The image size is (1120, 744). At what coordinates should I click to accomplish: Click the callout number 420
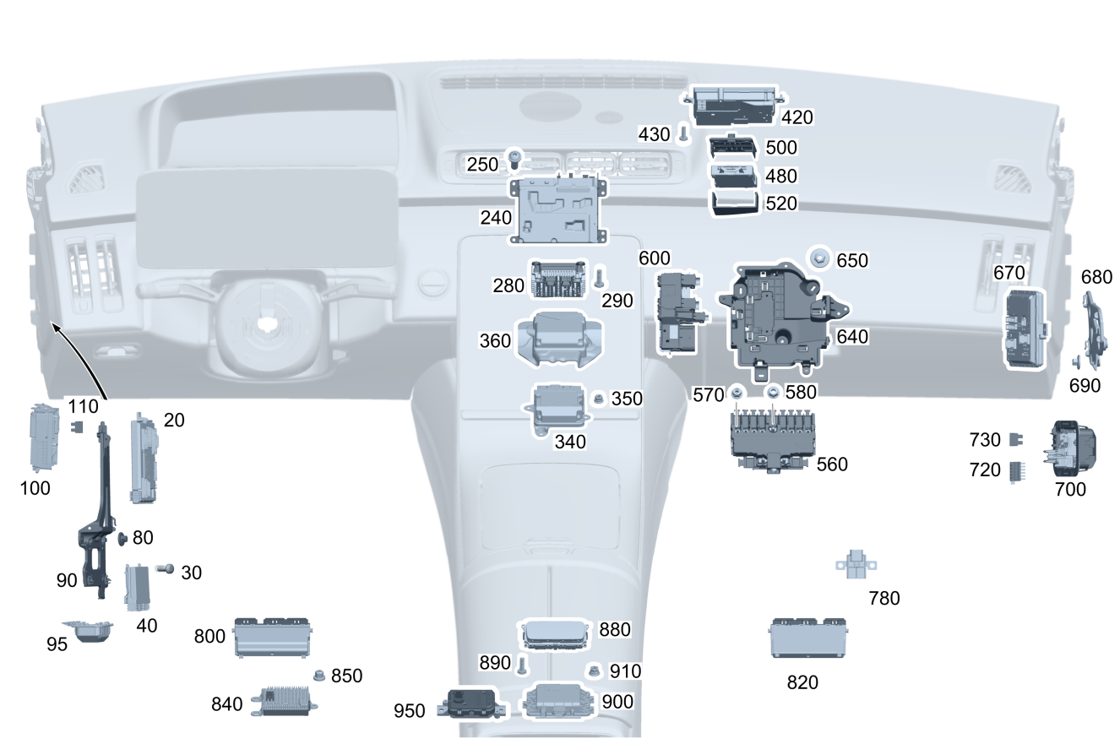(797, 117)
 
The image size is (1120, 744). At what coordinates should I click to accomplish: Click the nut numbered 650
(819, 258)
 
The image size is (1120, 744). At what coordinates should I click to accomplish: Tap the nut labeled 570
(737, 392)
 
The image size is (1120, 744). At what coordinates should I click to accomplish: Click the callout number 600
(654, 258)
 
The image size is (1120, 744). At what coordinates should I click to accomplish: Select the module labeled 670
(1024, 327)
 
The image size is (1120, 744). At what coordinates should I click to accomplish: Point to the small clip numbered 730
(1016, 439)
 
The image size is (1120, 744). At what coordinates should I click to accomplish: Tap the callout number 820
(802, 682)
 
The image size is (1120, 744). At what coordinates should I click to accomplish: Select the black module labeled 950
(471, 703)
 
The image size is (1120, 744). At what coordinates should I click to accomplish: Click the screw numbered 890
(522, 665)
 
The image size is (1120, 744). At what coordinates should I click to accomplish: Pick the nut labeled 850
(320, 675)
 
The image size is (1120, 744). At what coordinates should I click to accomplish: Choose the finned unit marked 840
(283, 701)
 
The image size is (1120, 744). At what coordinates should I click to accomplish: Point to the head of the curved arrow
(53, 324)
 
